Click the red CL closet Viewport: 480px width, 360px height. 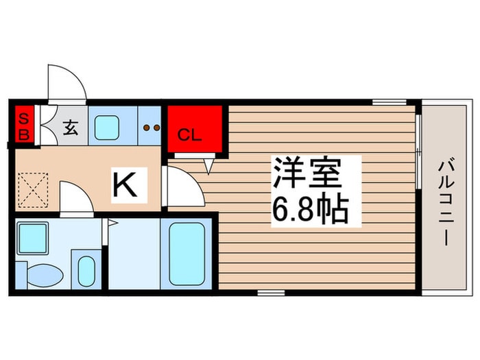(x=195, y=128)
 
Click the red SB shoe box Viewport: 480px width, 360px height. (x=23, y=125)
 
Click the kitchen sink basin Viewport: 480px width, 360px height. (x=108, y=126)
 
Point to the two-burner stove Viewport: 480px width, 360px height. (x=150, y=127)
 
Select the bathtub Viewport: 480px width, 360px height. (x=187, y=254)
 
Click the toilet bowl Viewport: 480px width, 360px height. (x=43, y=274)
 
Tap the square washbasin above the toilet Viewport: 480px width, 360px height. (x=32, y=238)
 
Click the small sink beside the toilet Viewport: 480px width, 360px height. (x=86, y=271)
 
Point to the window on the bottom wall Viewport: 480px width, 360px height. (x=271, y=293)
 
